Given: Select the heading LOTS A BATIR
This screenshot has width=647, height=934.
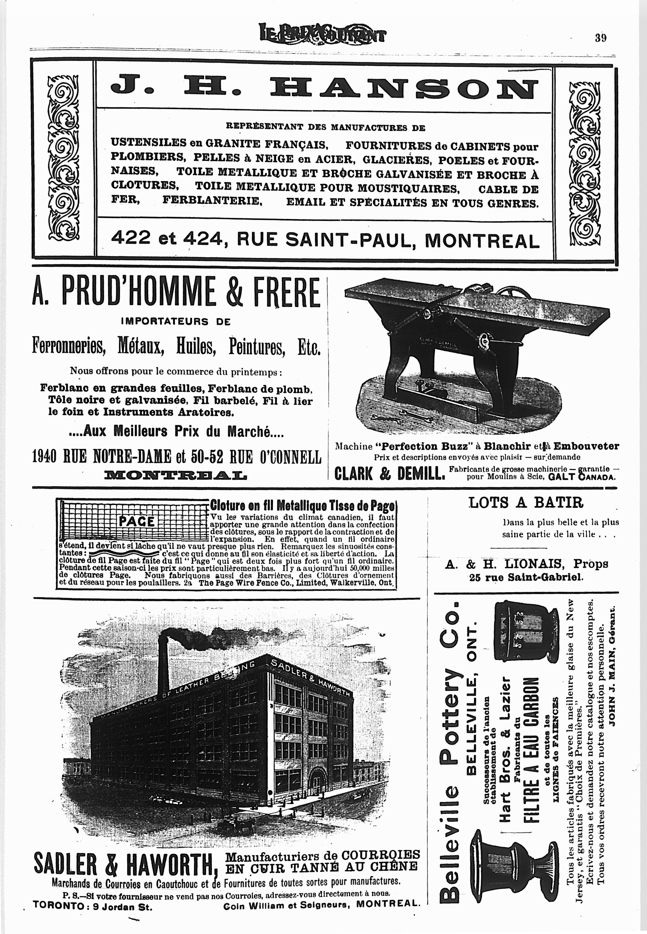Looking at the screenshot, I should (526, 503).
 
